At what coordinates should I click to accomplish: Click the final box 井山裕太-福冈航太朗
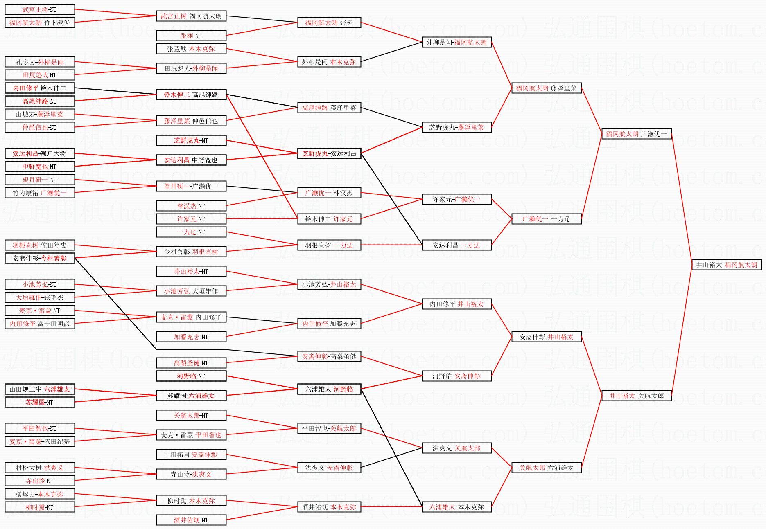tap(727, 265)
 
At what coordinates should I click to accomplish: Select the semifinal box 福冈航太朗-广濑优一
tap(636, 134)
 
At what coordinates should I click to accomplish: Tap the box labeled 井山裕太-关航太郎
tap(636, 396)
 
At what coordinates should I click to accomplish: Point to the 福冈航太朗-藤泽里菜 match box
tap(546, 88)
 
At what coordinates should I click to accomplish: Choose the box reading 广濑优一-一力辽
tap(546, 219)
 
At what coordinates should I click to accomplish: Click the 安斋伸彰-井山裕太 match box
tap(546, 337)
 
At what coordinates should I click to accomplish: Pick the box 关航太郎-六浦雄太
tap(546, 468)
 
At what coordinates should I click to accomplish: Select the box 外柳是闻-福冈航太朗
tap(456, 42)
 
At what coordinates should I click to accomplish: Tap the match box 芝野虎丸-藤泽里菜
tap(456, 127)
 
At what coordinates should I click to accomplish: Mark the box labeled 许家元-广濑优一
tap(456, 199)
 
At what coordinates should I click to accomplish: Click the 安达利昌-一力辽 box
tap(456, 245)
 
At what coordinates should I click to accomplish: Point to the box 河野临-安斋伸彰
tap(456, 376)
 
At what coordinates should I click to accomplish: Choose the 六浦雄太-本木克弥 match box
tap(456, 507)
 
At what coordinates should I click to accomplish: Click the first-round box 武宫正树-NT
tap(40, 9)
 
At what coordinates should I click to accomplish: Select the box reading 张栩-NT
tap(191, 36)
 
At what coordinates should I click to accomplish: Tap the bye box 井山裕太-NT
tap(191, 271)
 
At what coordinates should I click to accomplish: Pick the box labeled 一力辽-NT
tap(191, 232)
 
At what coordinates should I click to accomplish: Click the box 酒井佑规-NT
tap(191, 520)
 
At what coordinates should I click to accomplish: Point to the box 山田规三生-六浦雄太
tap(40, 389)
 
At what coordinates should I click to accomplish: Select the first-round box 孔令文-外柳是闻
tap(40, 62)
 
